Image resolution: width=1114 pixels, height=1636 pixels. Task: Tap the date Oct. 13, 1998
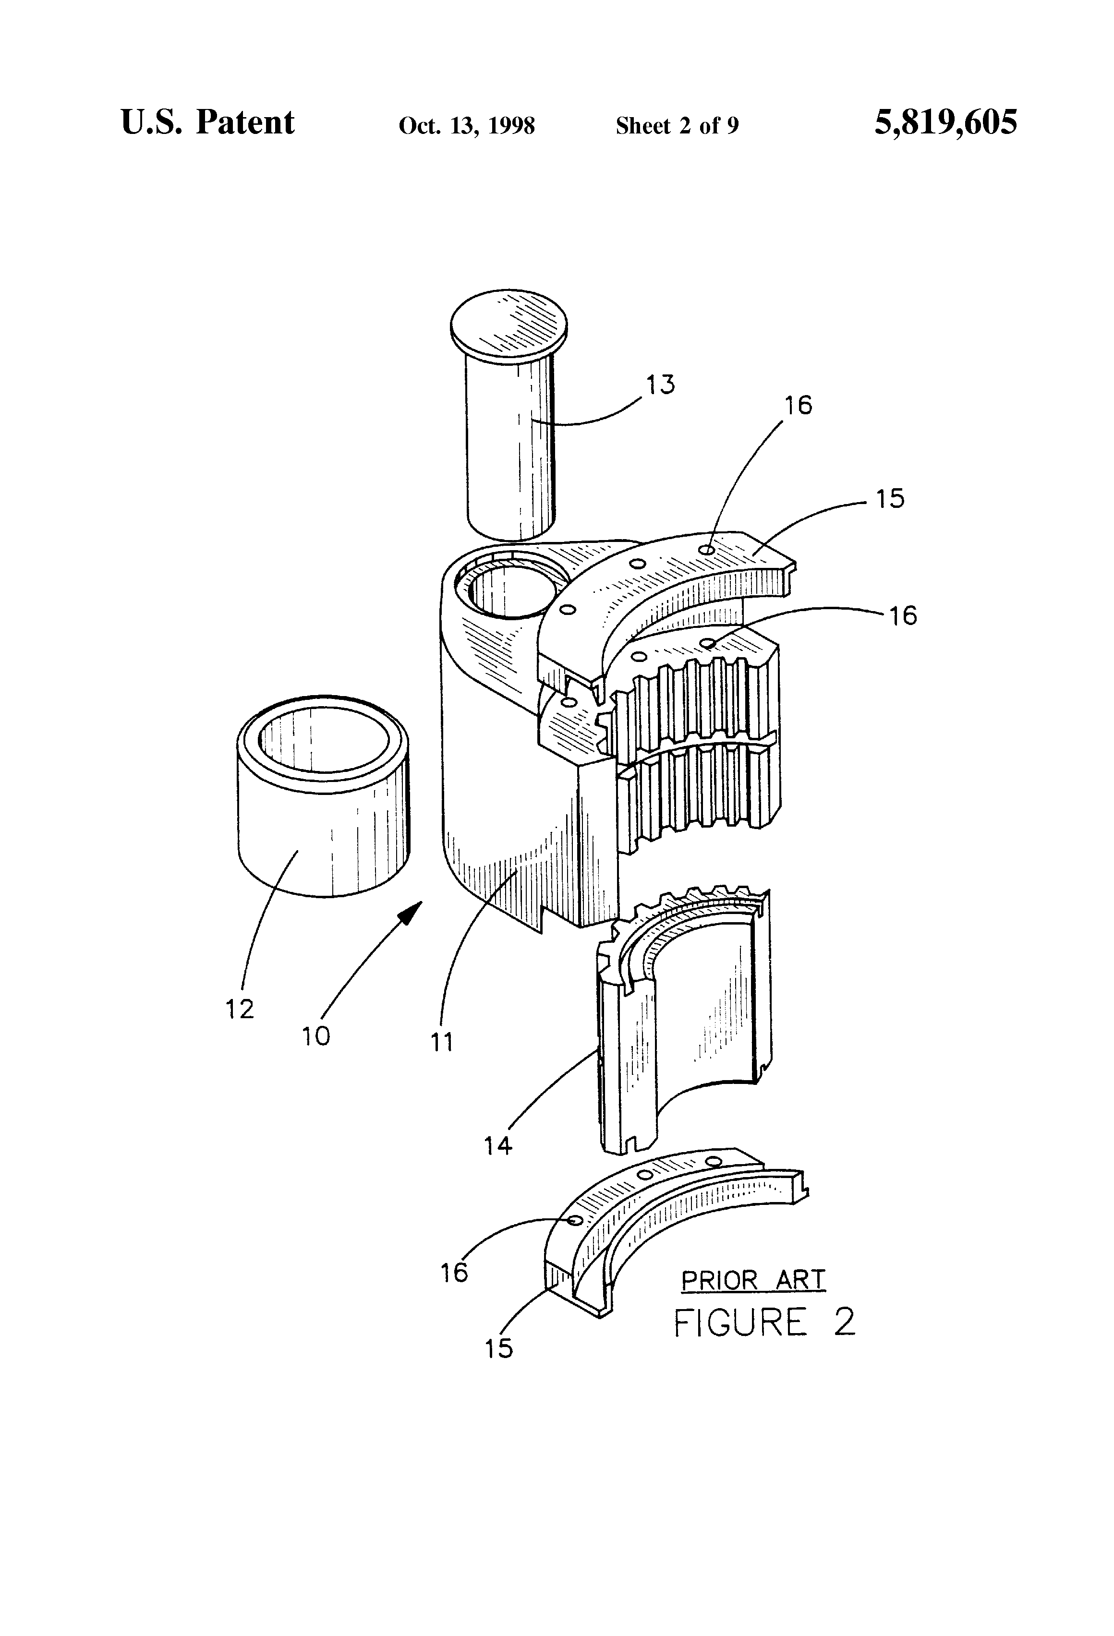pos(467,125)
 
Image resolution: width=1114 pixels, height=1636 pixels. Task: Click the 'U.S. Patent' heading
pos(208,122)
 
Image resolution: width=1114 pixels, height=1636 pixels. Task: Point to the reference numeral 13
pos(661,385)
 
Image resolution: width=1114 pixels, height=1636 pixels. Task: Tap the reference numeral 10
pos(316,1035)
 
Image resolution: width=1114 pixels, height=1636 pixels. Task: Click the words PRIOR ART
pos(753,1280)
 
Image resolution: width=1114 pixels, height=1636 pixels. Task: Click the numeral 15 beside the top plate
pos(890,498)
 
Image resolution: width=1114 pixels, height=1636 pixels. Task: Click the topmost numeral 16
pos(799,406)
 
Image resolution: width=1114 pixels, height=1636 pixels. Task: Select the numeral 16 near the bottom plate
pos(454,1273)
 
